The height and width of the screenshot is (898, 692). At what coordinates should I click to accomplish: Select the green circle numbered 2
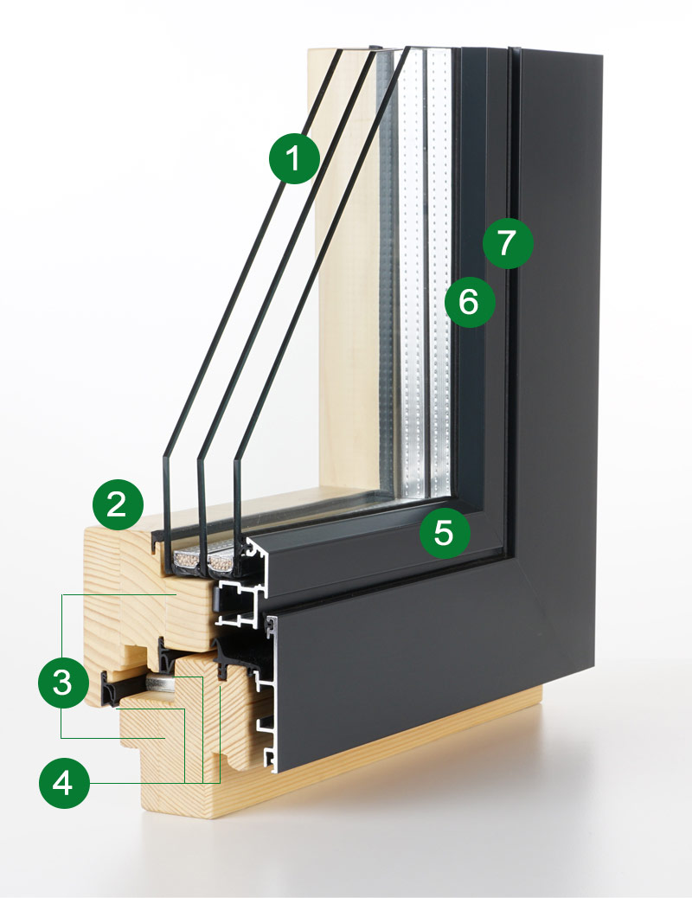(x=119, y=503)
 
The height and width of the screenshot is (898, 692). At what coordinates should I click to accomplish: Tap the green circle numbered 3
(x=64, y=682)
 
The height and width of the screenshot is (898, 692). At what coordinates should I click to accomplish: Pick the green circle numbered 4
(x=64, y=784)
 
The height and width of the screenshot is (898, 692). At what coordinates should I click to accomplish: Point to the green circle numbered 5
(x=444, y=531)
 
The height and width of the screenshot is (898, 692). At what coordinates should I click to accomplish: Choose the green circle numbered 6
(x=469, y=301)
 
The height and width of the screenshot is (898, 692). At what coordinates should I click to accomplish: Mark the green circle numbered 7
(x=508, y=242)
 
